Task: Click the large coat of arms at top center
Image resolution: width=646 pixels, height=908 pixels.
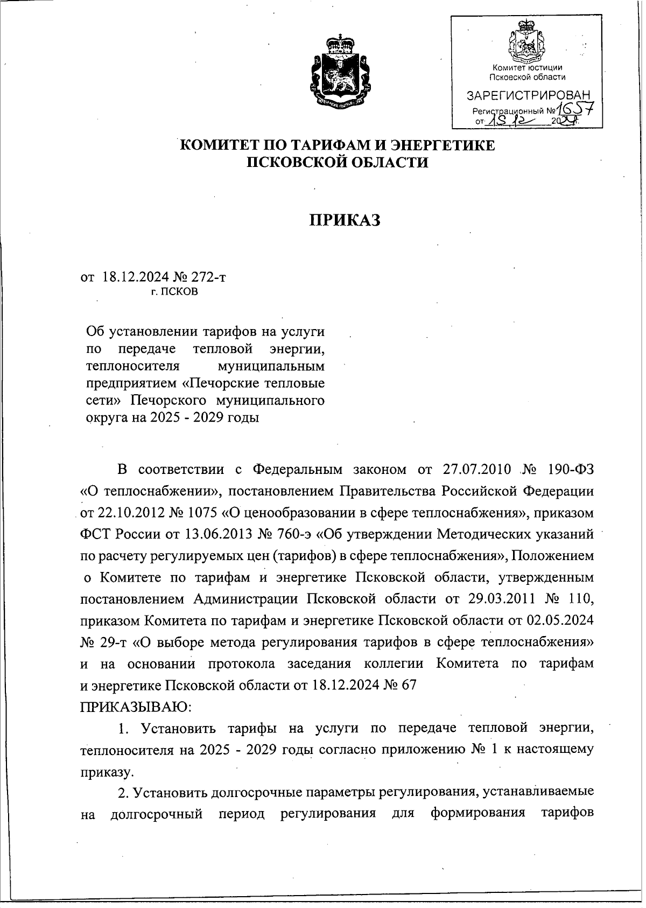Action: pyautogui.click(x=339, y=72)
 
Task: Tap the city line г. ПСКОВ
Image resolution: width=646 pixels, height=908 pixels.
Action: pyautogui.click(x=174, y=292)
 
